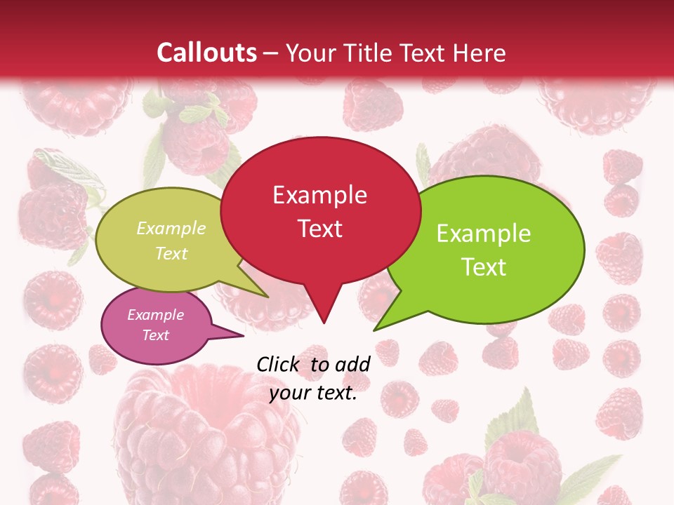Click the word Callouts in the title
coord(206,53)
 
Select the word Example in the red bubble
coord(319,195)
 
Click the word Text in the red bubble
coord(319,228)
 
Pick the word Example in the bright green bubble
coord(484,234)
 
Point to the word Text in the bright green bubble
coord(484,267)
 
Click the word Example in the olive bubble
coord(171,229)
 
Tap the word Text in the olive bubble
coord(171,253)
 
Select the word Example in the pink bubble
coord(156,315)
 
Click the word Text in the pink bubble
coord(156,335)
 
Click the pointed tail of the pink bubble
coord(240,335)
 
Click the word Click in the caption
coord(280,364)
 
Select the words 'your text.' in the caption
coord(313,393)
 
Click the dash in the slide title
coord(272,53)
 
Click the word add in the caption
coord(352,364)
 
